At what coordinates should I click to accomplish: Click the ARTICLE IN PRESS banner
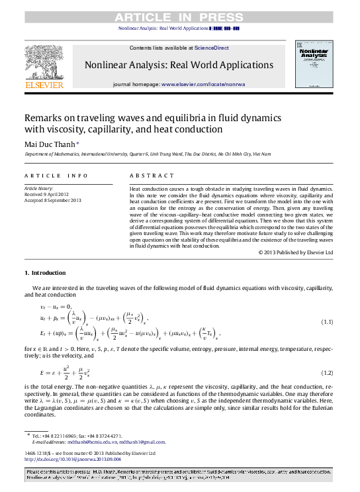click(x=179, y=17)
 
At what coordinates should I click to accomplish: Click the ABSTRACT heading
click(x=147, y=175)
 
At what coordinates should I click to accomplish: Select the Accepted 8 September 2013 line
click(x=53, y=200)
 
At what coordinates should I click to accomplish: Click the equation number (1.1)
click(x=326, y=322)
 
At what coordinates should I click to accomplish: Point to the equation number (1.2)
click(x=326, y=373)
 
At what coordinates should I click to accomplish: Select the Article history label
click(x=40, y=188)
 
